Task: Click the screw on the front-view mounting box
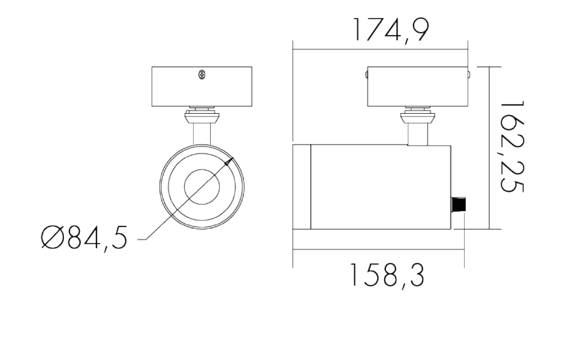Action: click(202, 75)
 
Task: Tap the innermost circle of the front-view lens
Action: click(202, 187)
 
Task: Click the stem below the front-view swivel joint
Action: click(202, 134)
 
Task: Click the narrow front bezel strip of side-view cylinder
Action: click(302, 187)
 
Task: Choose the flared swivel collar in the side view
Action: click(417, 117)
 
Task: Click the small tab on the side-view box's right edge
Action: click(468, 75)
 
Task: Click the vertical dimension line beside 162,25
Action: click(489, 147)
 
